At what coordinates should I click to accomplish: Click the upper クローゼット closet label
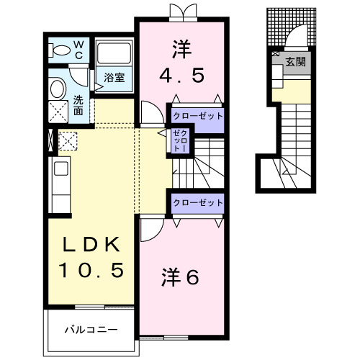tap(197, 115)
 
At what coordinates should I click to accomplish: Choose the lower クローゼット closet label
tap(197, 203)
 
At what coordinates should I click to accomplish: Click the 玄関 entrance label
tap(295, 62)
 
